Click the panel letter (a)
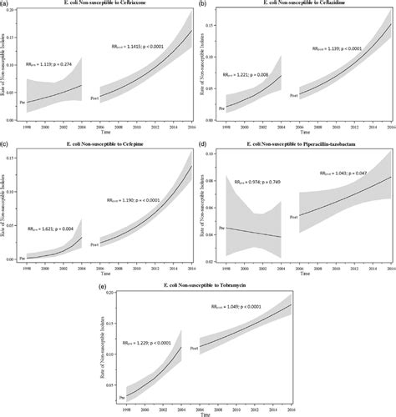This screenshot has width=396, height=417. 7,5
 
